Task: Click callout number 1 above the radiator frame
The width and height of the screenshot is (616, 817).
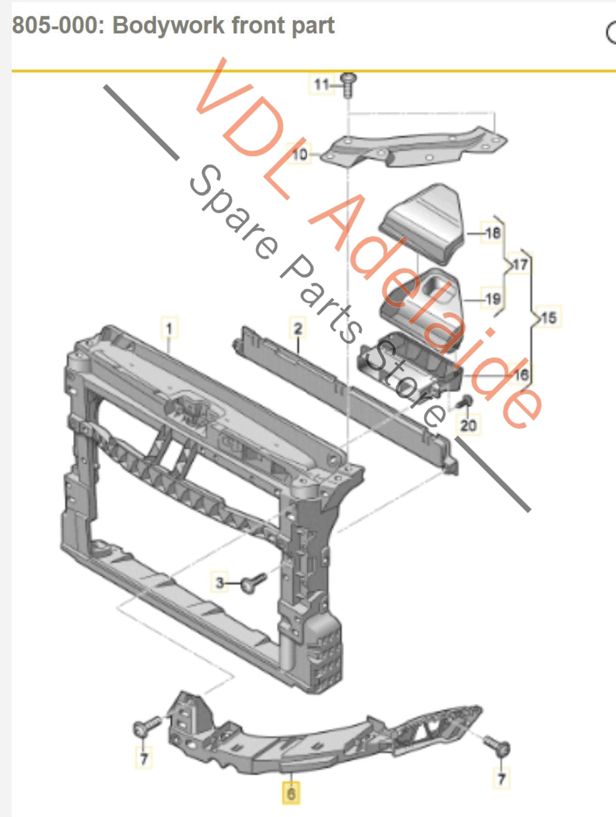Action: pos(169,328)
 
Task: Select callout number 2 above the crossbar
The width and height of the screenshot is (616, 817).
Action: pos(298,328)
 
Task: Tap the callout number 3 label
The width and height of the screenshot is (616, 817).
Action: pos(220,582)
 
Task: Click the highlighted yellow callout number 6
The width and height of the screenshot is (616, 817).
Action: pos(291,793)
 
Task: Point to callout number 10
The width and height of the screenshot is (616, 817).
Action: pos(299,154)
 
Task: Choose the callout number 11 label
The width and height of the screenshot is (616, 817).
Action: pos(321,84)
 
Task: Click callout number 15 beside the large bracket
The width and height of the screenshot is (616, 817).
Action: pos(548,317)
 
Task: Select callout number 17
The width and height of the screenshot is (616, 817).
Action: pos(520,264)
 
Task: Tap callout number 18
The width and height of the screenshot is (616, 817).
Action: pos(493,233)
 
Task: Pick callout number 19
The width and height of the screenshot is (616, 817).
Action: pos(493,299)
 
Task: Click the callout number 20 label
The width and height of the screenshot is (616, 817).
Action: pos(468,425)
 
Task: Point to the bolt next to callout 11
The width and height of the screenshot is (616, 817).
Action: pos(348,84)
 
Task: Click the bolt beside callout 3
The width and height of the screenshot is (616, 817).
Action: pos(253,582)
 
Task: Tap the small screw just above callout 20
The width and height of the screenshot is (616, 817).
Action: pos(465,401)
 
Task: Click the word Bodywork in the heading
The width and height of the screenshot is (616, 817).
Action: pos(168,25)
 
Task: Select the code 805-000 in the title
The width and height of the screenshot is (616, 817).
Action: pos(54,25)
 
